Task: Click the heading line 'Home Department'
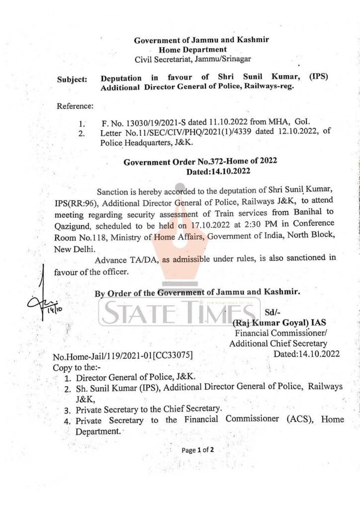193,50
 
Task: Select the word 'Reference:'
75,106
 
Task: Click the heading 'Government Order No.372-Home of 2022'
200,162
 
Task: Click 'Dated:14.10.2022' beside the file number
307,354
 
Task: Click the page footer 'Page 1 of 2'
197,450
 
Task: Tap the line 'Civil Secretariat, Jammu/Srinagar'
193,59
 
